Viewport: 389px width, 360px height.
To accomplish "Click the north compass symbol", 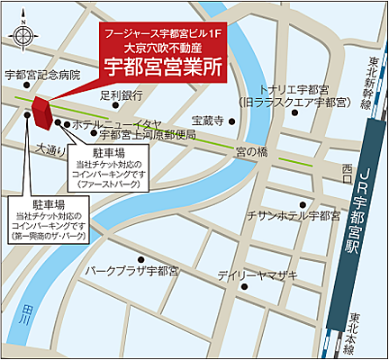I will coord(23,34).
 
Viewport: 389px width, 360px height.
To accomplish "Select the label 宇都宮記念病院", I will coord(42,75).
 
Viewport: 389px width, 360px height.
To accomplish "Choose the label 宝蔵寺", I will coord(207,120).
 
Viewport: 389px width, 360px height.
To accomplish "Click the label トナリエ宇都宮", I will coord(293,90).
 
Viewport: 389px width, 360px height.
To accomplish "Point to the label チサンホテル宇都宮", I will coord(293,216).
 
